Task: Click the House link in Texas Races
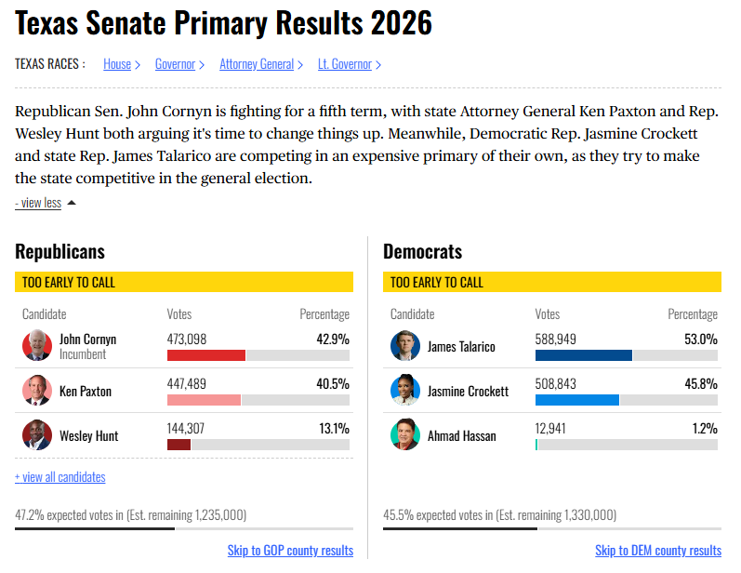pyautogui.click(x=117, y=64)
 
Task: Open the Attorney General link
pyautogui.click(x=256, y=64)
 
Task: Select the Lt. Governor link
pyautogui.click(x=344, y=64)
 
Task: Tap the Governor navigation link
pyautogui.click(x=175, y=64)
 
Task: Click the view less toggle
pyautogui.click(x=38, y=203)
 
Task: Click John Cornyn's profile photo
pyautogui.click(x=37, y=346)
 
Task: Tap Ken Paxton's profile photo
pyautogui.click(x=37, y=391)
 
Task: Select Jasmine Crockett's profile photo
pyautogui.click(x=405, y=391)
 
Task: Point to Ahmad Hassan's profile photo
pyautogui.click(x=405, y=435)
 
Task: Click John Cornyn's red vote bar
pyautogui.click(x=206, y=355)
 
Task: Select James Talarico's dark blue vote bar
pyautogui.click(x=583, y=355)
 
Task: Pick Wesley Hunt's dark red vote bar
pyautogui.click(x=179, y=445)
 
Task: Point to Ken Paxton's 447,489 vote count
pyautogui.click(x=187, y=383)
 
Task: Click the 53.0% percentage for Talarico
pyautogui.click(x=700, y=339)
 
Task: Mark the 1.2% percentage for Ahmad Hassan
pyautogui.click(x=704, y=428)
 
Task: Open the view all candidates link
pyautogui.click(x=60, y=477)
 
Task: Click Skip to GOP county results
pyautogui.click(x=290, y=551)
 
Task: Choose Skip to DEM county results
pyautogui.click(x=658, y=551)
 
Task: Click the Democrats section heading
pyautogui.click(x=422, y=251)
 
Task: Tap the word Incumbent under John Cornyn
pyautogui.click(x=83, y=354)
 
